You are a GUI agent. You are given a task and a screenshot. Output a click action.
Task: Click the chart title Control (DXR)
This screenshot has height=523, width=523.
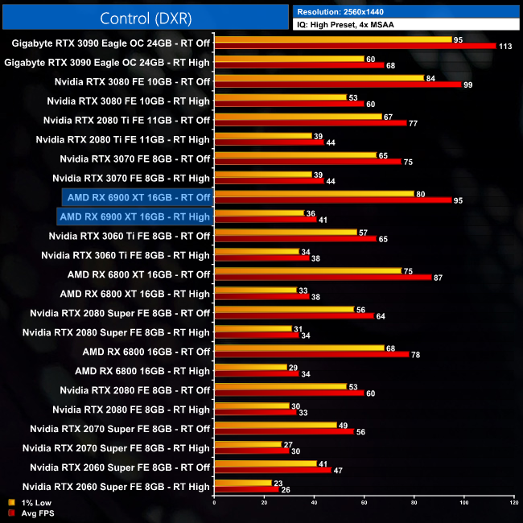tap(146, 18)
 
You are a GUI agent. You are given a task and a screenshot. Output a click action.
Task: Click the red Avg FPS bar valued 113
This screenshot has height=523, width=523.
tap(355, 46)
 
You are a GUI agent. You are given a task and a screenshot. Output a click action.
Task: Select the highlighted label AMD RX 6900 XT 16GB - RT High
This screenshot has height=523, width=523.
tap(134, 216)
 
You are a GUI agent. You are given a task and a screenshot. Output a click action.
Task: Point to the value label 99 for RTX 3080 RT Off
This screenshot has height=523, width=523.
tap(467, 84)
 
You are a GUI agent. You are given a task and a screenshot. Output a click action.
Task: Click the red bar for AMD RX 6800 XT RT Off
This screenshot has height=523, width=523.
tap(323, 278)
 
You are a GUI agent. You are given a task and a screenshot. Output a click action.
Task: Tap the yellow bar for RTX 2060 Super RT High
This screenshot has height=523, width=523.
tap(243, 483)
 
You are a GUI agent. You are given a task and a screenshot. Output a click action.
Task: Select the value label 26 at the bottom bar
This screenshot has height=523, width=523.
tap(285, 490)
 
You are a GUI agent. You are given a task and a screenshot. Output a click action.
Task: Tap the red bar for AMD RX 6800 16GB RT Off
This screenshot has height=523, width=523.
tap(311, 355)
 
